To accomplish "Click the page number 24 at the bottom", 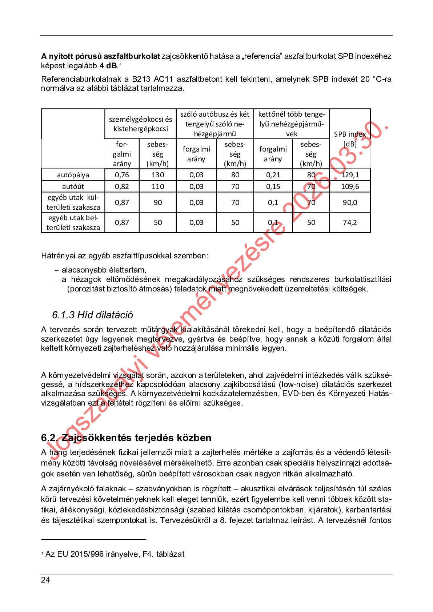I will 45,580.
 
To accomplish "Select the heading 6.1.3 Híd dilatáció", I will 92,315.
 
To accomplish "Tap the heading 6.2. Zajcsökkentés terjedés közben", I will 126,438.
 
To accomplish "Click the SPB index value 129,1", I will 350,175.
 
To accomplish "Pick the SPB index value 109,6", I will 350,186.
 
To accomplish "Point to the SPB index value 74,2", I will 350,222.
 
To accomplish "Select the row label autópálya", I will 73,175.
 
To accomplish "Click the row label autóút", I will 73,186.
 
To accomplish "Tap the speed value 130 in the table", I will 158,175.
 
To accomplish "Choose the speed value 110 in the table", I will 158,186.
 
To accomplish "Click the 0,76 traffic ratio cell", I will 122,175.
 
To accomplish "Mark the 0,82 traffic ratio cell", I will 122,186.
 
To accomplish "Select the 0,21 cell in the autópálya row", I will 273,175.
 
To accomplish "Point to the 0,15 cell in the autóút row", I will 273,186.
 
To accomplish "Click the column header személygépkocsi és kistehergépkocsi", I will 141,124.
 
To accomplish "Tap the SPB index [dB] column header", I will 350,139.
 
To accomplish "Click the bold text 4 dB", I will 108,66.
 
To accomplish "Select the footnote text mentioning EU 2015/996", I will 115,554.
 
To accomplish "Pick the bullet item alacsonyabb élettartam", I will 104,270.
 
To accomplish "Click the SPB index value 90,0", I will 350,202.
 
